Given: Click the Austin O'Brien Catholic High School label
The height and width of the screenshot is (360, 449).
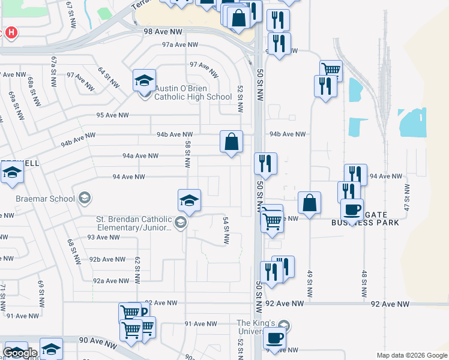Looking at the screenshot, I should pyautogui.click(x=193, y=92).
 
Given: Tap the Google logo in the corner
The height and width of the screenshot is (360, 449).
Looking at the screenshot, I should pyautogui.click(x=20, y=353).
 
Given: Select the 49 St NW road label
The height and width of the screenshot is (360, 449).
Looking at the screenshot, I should pyautogui.click(x=310, y=284).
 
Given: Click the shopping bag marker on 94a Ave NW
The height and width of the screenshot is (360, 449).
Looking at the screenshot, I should pyautogui.click(x=231, y=142).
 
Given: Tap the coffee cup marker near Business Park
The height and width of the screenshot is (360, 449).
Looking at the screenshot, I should pyautogui.click(x=352, y=210).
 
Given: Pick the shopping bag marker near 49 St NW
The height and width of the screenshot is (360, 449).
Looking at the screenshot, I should pyautogui.click(x=309, y=203).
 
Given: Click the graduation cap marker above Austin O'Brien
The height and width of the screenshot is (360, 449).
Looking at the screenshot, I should pyautogui.click(x=144, y=80).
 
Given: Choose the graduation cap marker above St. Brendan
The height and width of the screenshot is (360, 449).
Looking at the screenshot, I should pyautogui.click(x=189, y=200).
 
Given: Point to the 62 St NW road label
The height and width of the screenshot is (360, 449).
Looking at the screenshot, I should pyautogui.click(x=137, y=266).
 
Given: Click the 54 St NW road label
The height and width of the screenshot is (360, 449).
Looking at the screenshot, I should pyautogui.click(x=226, y=230).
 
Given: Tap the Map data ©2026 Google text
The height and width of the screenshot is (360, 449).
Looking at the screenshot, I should pyautogui.click(x=411, y=355).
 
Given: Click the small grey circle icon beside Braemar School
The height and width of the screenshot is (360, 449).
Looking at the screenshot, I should pyautogui.click(x=85, y=199).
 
